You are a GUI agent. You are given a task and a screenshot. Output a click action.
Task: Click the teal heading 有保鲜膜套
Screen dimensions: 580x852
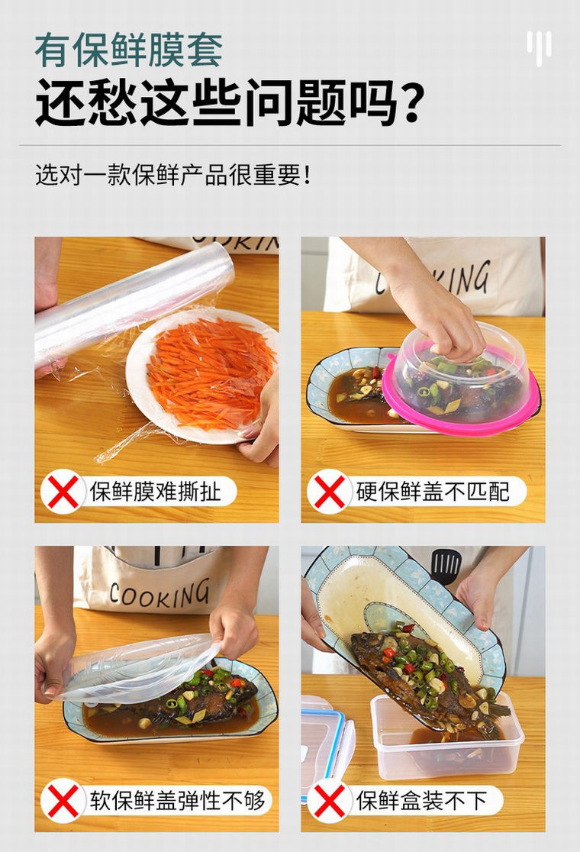(x=129, y=50)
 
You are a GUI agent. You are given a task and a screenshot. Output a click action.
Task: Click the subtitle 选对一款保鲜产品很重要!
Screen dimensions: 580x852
(x=173, y=175)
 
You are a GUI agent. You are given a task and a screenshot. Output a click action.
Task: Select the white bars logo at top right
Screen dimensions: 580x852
(x=539, y=47)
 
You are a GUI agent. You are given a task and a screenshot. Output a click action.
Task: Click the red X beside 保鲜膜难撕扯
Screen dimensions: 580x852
(x=63, y=492)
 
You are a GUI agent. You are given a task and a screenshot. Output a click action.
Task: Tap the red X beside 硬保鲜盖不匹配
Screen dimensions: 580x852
(x=330, y=492)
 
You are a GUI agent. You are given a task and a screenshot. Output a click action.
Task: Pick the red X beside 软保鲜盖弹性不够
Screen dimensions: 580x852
(x=63, y=801)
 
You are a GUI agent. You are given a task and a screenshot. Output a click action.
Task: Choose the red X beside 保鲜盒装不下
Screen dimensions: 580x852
(x=330, y=801)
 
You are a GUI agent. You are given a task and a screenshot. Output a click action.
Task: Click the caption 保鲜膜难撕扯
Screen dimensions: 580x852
(x=156, y=492)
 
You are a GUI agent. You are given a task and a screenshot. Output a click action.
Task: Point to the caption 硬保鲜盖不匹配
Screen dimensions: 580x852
(x=433, y=492)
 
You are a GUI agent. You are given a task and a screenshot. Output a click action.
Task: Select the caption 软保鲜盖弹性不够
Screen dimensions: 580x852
(x=177, y=801)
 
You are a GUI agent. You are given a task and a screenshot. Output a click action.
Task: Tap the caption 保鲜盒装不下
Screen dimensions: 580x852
(x=421, y=801)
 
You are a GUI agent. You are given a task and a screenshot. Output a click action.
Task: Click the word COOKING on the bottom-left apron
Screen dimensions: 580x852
(x=159, y=593)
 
